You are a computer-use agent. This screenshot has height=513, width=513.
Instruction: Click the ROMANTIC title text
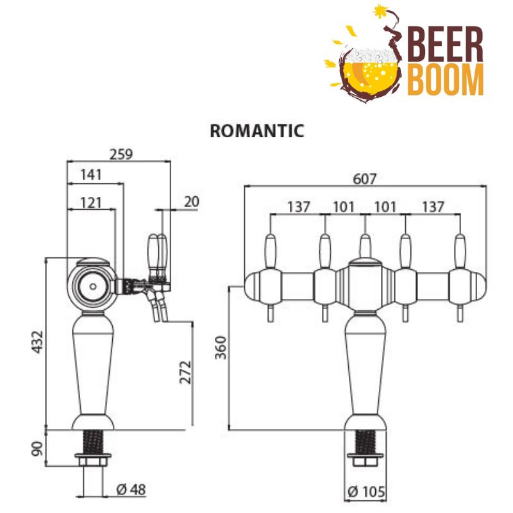pos(256,131)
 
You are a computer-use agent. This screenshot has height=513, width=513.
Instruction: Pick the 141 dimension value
pos(92,174)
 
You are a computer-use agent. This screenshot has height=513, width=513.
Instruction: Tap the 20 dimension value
pos(191,201)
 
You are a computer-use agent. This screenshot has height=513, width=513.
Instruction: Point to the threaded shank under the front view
pos(365,442)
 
